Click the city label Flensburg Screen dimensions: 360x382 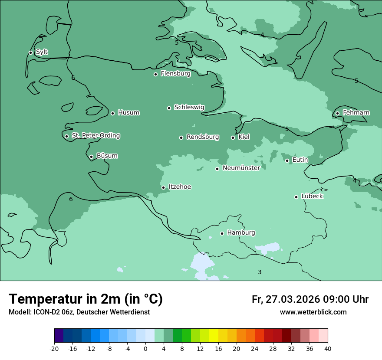(x=175, y=74)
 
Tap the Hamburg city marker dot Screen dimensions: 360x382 (x=222, y=233)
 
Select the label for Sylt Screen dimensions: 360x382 (x=42, y=52)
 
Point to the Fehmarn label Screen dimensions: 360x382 (x=356, y=113)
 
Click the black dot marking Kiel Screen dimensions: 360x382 (x=233, y=137)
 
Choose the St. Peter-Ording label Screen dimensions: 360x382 (x=95, y=136)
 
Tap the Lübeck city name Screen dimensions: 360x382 (x=312, y=196)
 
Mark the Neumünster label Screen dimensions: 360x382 (x=241, y=168)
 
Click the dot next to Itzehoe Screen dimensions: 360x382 (x=163, y=187)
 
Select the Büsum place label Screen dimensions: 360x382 (x=107, y=156)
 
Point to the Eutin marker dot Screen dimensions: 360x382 (x=287, y=160)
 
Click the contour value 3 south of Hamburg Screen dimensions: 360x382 (x=260, y=272)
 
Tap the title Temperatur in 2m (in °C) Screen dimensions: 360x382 (x=86, y=299)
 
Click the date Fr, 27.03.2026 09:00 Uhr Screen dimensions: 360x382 (x=310, y=299)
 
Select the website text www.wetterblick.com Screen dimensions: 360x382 (x=313, y=312)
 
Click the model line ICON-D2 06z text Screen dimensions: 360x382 (x=79, y=312)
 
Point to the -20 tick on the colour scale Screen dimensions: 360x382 (x=54, y=348)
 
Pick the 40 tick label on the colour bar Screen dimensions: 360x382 (x=328, y=348)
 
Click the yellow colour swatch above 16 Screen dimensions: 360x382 (x=214, y=336)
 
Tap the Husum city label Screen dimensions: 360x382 (x=128, y=113)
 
